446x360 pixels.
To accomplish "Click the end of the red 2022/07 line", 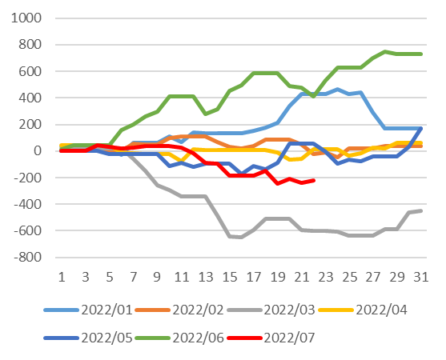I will tap(314, 180).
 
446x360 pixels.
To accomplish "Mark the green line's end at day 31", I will tap(421, 54).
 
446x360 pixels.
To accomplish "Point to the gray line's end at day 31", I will tap(421, 210).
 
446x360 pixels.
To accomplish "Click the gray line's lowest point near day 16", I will tap(242, 238).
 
